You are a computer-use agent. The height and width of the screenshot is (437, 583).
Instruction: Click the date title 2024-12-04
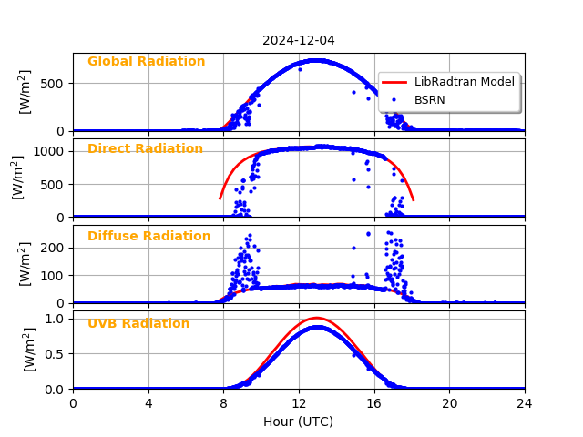[298, 40]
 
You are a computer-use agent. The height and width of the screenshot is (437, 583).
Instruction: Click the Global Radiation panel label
[146, 62]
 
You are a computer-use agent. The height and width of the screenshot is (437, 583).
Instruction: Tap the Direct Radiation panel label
[145, 149]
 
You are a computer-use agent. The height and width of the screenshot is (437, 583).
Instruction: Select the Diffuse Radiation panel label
[148, 237]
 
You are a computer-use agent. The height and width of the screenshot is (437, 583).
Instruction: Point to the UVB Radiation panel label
[138, 324]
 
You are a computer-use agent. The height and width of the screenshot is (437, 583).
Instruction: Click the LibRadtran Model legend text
[464, 82]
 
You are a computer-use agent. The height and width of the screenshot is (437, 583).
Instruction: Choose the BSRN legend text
[429, 99]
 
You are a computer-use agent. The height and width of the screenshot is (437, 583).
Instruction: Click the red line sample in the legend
[394, 82]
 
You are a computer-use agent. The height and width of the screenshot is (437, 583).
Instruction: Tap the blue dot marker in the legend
[394, 99]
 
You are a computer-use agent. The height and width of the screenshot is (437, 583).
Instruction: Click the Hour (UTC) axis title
[298, 422]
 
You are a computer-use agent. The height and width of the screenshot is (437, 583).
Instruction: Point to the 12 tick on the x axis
[299, 403]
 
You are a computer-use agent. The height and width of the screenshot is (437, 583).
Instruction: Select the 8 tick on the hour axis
[223, 403]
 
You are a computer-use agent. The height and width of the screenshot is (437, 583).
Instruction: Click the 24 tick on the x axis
[524, 403]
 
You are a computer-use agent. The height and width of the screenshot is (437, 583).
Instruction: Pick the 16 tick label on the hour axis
[373, 403]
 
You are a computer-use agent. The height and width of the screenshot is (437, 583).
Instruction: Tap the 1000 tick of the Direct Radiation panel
[51, 151]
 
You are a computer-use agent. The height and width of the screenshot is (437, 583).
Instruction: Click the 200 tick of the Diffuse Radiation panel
[55, 247]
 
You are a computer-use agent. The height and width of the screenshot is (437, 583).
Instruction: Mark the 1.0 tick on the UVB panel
[56, 318]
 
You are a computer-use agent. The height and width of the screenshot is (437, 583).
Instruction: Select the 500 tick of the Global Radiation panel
[55, 84]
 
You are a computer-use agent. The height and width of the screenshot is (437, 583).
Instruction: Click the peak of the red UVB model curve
[316, 318]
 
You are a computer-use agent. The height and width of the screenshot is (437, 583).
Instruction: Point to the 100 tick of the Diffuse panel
[55, 275]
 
